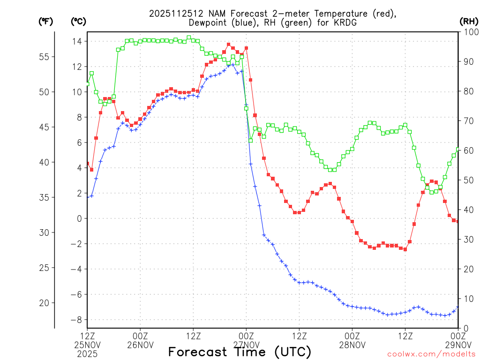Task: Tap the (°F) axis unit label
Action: pyautogui.click(x=45, y=21)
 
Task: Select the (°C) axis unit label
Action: pyautogui.click(x=78, y=21)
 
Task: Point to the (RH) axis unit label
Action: pyautogui.click(x=468, y=21)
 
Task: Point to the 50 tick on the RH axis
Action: pyautogui.click(x=467, y=180)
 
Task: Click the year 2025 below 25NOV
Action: pyautogui.click(x=88, y=354)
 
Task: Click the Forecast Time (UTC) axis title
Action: pyautogui.click(x=240, y=352)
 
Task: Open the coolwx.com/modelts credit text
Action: pyautogui.click(x=431, y=354)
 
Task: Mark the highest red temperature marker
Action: pyautogui.click(x=229, y=45)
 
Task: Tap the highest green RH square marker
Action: pyautogui.click(x=189, y=37)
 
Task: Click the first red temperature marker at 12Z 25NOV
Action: pyautogui.click(x=88, y=164)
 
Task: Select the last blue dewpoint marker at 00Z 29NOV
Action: pyautogui.click(x=458, y=307)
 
